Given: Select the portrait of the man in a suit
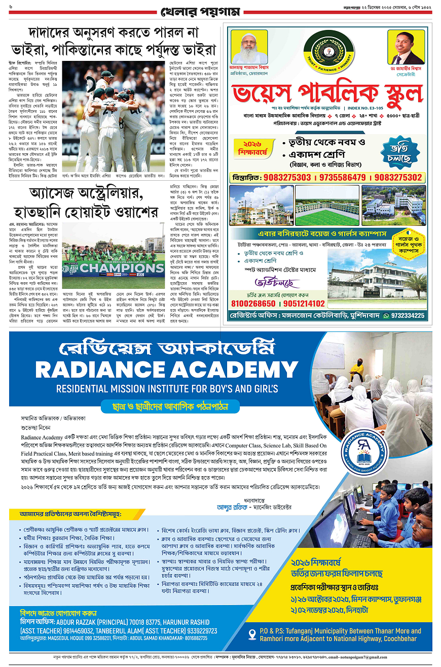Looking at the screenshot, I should pos(406,47).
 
